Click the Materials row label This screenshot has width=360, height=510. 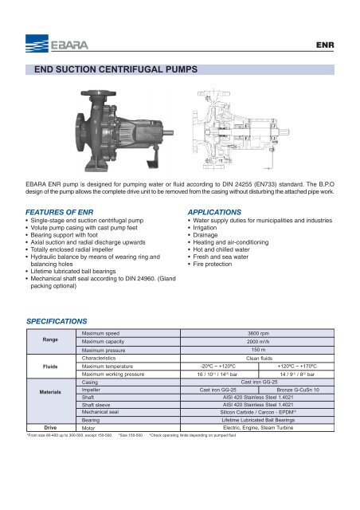(42, 393)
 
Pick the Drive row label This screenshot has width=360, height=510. (42, 427)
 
